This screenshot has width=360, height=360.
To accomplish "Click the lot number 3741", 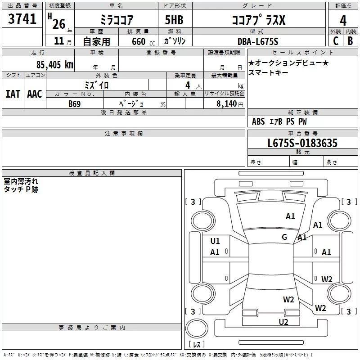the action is coord(22,20).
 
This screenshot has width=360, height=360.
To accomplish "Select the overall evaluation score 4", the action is coord(343,20).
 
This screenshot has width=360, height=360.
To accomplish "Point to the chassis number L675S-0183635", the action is coord(302,144).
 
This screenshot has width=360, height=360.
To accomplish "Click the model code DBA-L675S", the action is coord(258,41).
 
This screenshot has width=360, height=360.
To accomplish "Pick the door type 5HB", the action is coord(174,20).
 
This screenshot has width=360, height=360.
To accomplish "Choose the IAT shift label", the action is coord(13,94).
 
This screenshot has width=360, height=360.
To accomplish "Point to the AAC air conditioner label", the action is coord(34,94).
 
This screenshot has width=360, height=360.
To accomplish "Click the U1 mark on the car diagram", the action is coord(215,241).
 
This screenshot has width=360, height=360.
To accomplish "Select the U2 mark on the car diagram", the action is coord(283,322).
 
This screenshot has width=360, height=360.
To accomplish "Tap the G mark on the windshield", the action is coord(284,237).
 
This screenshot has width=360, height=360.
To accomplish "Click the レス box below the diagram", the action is coord(197,344).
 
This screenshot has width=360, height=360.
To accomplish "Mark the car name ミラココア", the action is coord(116,20).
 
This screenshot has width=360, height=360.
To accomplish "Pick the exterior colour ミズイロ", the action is coord(97,85).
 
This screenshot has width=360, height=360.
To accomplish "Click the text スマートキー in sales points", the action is coord(269,72).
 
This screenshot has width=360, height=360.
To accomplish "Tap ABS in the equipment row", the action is coord(258,121).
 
